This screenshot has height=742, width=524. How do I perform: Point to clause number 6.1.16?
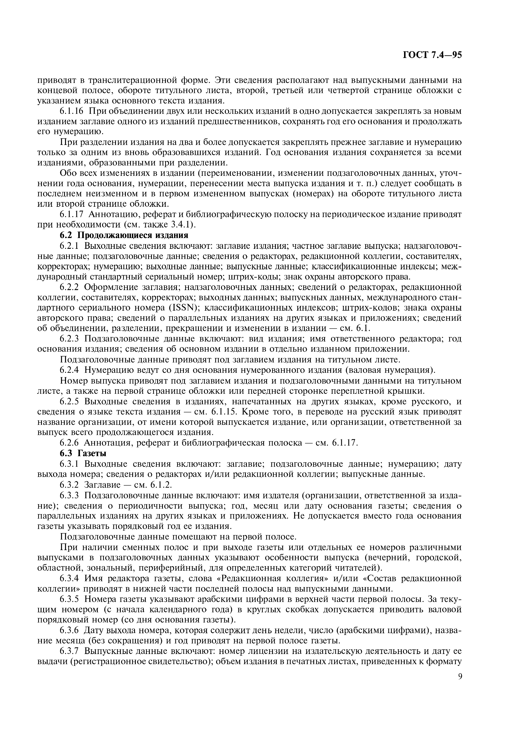point(71,111)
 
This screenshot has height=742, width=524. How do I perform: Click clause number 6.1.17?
point(71,215)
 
